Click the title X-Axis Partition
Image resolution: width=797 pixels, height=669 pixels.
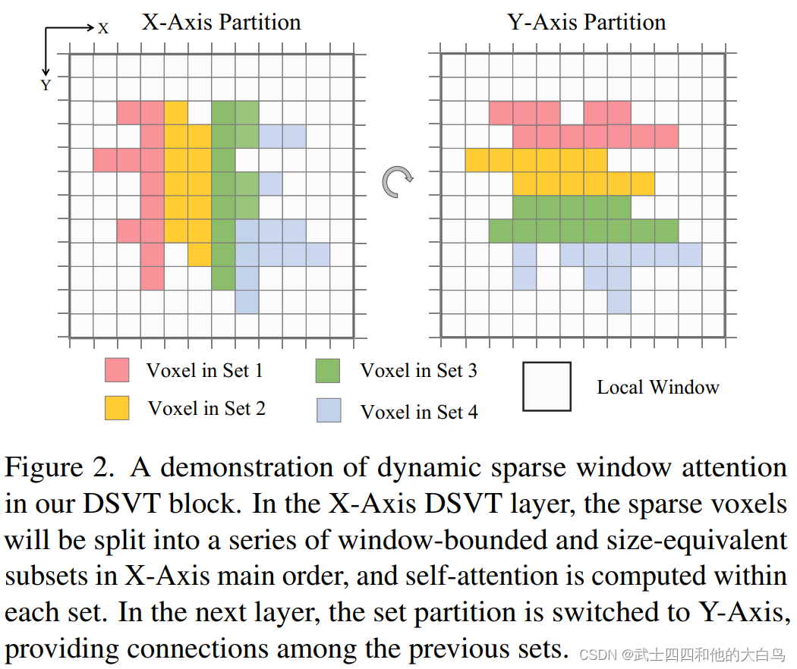point(221,22)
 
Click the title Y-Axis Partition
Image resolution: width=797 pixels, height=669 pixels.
point(587,22)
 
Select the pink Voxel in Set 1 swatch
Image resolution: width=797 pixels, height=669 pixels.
point(117,370)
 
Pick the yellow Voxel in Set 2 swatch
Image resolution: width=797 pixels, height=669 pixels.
point(117,408)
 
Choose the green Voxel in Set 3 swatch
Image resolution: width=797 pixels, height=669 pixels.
point(328,371)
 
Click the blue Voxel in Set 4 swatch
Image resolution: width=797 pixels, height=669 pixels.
point(328,410)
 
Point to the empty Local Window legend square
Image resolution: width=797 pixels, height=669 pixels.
point(547,387)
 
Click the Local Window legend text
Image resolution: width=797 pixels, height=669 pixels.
point(657,388)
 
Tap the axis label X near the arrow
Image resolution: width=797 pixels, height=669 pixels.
point(103,28)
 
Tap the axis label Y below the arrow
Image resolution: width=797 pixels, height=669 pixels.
point(46,86)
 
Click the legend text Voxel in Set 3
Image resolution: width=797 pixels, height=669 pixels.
point(418,371)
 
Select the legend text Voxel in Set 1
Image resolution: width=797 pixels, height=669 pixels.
point(204,371)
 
